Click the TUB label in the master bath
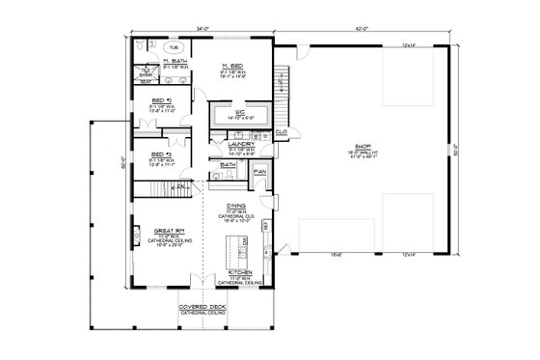174,46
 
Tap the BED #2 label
161,99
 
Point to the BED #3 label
161,153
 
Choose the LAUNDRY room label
240,144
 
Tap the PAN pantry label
260,171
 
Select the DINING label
235,206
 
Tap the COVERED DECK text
201,308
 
